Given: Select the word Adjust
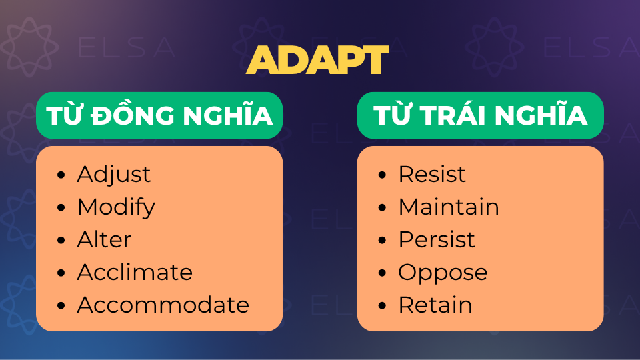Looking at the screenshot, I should point(114,175).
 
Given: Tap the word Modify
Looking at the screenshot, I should point(116,207).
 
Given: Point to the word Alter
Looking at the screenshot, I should point(105,240).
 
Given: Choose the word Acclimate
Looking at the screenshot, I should point(135,273).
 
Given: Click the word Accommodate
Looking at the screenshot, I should point(163,305).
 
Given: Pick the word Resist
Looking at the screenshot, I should point(432,175).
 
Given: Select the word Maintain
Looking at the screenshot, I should point(449,207).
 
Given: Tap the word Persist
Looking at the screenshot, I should point(437,240).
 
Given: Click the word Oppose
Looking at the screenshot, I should point(443,273).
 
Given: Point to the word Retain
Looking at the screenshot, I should point(435,305).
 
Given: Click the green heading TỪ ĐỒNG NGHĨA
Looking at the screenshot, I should point(159,115).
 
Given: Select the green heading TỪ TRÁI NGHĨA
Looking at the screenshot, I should point(480,115).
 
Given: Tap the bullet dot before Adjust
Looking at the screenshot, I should point(61,175).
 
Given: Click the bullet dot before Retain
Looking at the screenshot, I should point(382,306).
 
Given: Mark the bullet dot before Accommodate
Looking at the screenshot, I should point(61,306).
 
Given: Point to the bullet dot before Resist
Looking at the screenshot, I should point(382,175).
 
